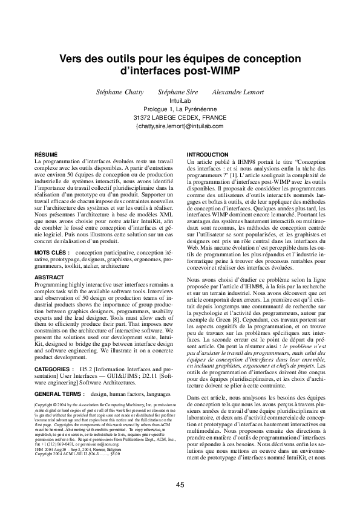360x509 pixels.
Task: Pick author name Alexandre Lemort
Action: tap(238, 92)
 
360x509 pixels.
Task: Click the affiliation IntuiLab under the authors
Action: tap(180, 100)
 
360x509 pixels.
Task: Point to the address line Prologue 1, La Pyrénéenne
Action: tap(180, 109)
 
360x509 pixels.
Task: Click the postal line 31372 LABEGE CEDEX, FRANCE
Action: tap(180, 117)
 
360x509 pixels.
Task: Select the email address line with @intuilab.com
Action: tap(180, 126)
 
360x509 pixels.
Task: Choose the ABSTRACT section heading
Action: tap(50, 277)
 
